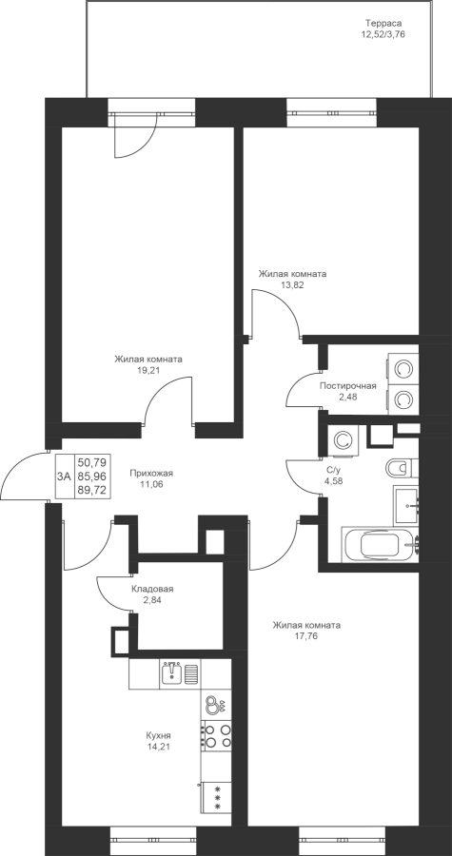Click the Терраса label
click(383, 24)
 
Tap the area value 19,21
click(147, 370)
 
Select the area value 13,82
click(292, 284)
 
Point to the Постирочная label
click(348, 386)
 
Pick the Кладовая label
click(152, 589)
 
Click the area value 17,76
click(306, 636)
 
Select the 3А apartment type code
click(64, 477)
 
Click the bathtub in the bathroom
click(381, 545)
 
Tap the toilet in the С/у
click(402, 468)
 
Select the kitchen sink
click(172, 673)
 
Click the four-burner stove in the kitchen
click(217, 735)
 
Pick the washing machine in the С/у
click(344, 440)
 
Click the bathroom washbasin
click(406, 504)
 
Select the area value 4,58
click(334, 481)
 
